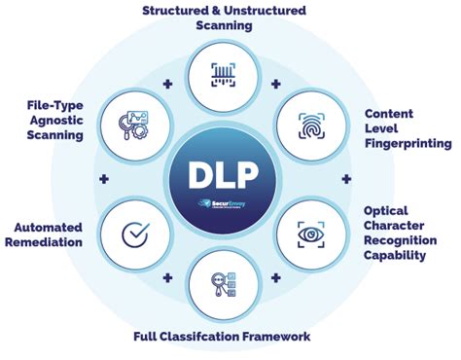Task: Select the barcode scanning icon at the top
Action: tap(224, 74)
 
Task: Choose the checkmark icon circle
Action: tap(134, 234)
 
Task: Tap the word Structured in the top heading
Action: tap(177, 10)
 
